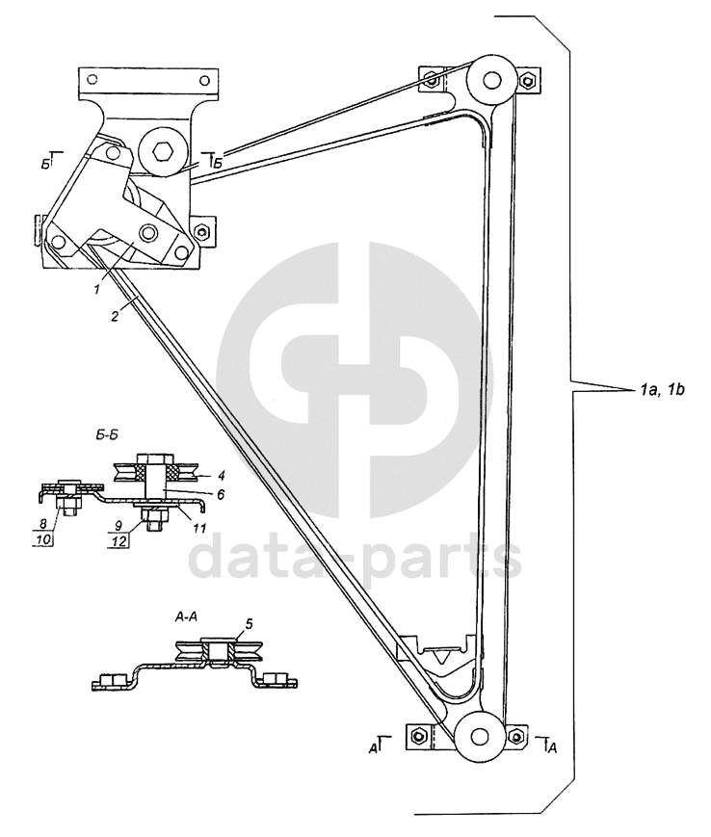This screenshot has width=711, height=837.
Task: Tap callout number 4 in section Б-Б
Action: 223,474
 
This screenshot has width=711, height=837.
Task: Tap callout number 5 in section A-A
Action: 250,623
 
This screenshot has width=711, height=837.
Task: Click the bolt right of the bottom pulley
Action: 517,737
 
